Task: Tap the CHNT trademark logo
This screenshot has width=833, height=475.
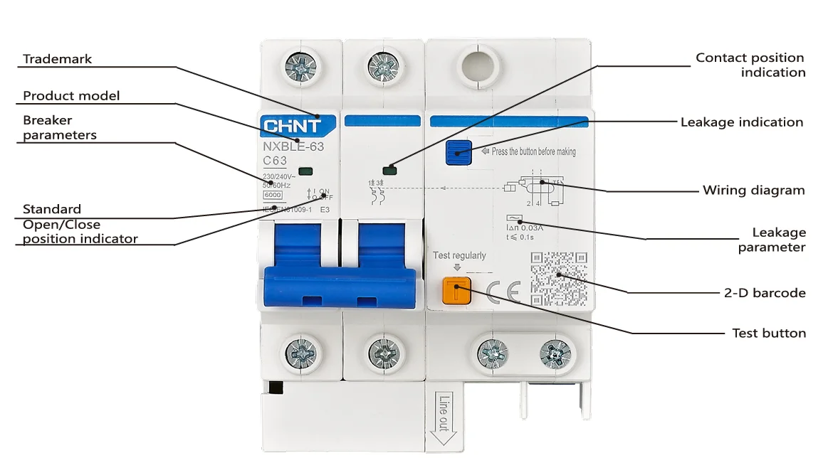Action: (x=293, y=127)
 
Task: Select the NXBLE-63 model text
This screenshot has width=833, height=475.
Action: (x=293, y=147)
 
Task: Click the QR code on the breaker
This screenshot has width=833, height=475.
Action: (x=559, y=279)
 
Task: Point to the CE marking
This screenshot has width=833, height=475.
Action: (x=503, y=292)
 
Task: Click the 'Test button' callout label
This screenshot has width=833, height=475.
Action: (x=769, y=333)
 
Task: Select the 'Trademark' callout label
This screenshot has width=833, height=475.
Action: (x=58, y=59)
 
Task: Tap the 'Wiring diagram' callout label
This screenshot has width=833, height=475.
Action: (x=753, y=190)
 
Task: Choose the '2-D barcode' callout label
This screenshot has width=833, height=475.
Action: (x=765, y=292)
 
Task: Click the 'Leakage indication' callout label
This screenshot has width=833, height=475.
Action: (x=741, y=122)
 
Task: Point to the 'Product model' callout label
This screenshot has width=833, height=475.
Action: (x=71, y=96)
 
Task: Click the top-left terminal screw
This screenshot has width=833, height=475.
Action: (x=300, y=68)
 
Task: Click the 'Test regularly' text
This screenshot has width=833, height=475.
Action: (x=459, y=255)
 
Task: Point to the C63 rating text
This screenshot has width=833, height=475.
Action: (x=275, y=161)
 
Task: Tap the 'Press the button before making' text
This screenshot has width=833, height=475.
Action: (x=533, y=151)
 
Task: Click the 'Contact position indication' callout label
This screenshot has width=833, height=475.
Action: (x=750, y=65)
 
